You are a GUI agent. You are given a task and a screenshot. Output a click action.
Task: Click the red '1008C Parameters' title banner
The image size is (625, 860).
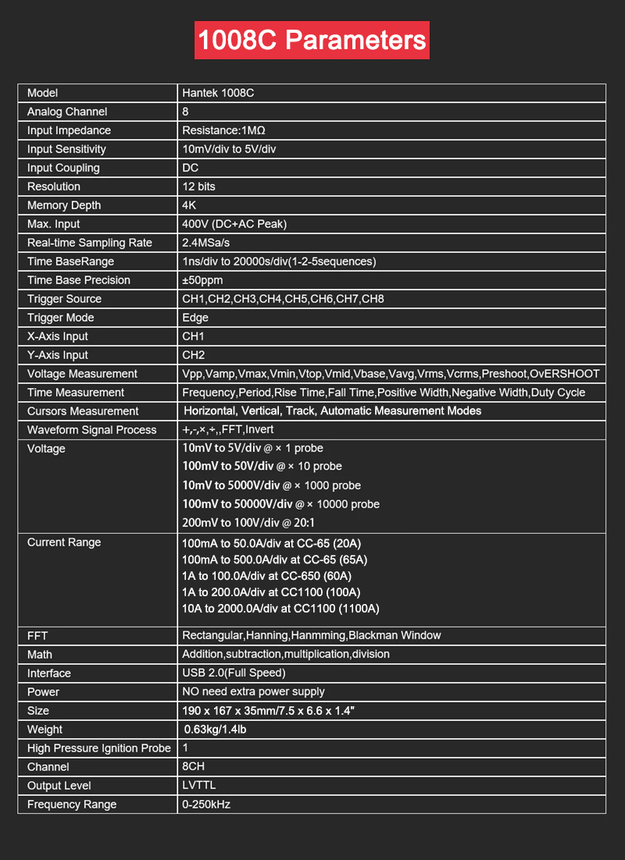(x=312, y=41)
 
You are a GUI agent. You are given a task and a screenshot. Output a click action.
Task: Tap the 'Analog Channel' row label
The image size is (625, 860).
(x=67, y=112)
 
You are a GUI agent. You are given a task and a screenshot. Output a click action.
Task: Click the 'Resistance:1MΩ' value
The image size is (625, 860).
(x=224, y=130)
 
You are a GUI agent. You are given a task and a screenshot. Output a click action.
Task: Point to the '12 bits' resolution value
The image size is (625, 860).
(x=198, y=187)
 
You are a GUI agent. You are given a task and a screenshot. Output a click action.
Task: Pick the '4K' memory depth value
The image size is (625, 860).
(x=190, y=205)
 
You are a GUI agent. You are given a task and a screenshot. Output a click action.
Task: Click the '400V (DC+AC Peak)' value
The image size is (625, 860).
(x=234, y=224)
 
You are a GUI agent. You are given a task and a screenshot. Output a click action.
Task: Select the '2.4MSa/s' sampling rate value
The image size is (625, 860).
(x=205, y=243)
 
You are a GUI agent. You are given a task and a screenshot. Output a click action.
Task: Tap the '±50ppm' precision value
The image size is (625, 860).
(x=202, y=280)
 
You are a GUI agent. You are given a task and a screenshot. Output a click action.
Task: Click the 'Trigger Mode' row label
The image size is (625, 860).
(x=60, y=318)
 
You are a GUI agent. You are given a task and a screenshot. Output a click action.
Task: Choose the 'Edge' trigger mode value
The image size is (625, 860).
(x=195, y=318)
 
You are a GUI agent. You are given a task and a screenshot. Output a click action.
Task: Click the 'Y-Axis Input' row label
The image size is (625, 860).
(x=58, y=355)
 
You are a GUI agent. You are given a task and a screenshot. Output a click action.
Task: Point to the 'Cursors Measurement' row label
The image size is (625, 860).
(x=83, y=411)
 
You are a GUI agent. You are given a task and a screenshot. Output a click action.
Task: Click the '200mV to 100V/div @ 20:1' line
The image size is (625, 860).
(x=248, y=523)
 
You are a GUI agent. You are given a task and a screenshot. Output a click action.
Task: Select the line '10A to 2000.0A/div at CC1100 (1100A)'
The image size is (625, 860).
(x=280, y=609)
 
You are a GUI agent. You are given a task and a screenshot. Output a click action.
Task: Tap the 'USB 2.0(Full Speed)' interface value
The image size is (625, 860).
(x=234, y=673)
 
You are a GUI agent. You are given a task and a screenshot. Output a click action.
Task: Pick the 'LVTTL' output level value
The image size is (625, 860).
(x=199, y=785)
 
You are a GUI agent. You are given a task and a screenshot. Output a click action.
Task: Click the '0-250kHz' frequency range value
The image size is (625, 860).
(x=206, y=804)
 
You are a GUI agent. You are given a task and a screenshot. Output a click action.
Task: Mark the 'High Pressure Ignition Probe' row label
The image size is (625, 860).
(x=98, y=748)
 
